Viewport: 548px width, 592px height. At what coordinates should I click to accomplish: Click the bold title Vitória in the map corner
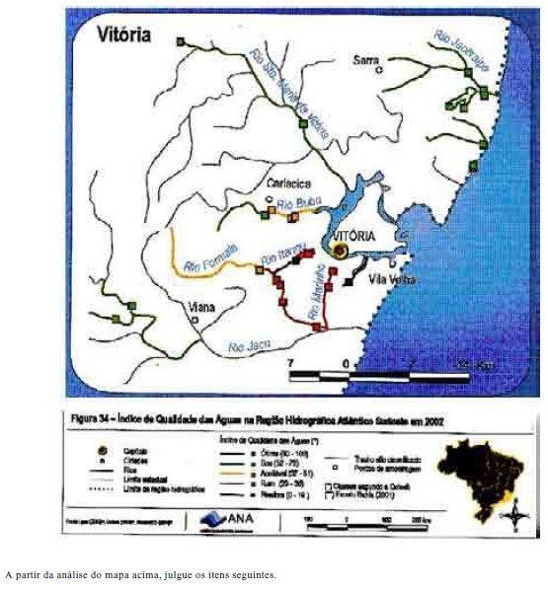pos(123,36)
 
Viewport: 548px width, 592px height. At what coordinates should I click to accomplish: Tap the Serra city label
pos(366,61)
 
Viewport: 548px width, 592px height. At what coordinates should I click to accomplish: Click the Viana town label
pos(202,306)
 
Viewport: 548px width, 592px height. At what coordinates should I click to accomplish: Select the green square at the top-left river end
pos(181,41)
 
